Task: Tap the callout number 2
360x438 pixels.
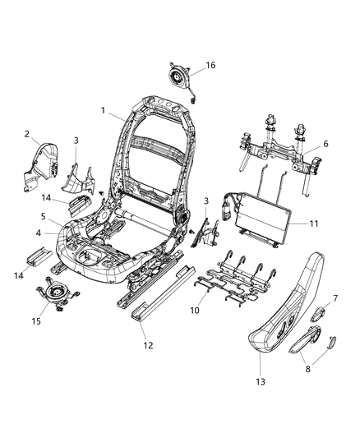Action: pos(26,134)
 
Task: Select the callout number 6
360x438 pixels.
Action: pos(325,144)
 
